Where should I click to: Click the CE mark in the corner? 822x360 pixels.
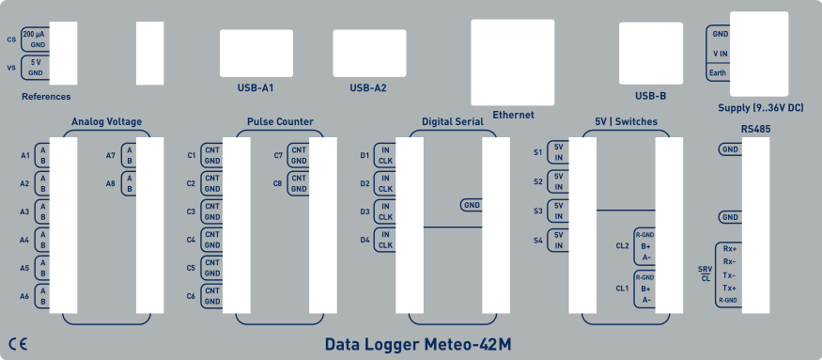pyautogui.click(x=18, y=343)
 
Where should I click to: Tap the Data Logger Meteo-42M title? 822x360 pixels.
pyautogui.click(x=418, y=344)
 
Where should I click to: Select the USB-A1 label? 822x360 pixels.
pyautogui.click(x=255, y=88)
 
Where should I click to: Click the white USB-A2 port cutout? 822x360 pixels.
pyautogui.click(x=369, y=53)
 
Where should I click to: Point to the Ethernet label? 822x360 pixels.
pyautogui.click(x=513, y=115)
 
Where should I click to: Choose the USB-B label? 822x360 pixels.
pyautogui.click(x=650, y=95)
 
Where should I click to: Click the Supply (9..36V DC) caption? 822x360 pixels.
pyautogui.click(x=760, y=108)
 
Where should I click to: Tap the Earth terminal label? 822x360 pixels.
pyautogui.click(x=718, y=72)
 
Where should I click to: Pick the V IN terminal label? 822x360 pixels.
pyautogui.click(x=721, y=54)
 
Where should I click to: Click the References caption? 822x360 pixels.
pyautogui.click(x=45, y=96)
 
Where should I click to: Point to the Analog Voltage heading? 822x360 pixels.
pyautogui.click(x=106, y=122)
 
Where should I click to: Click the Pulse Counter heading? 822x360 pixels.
pyautogui.click(x=280, y=122)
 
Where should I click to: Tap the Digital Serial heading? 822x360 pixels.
pyautogui.click(x=453, y=122)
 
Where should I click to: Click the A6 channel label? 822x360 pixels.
pyautogui.click(x=24, y=296)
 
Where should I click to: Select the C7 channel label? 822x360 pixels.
pyautogui.click(x=279, y=155)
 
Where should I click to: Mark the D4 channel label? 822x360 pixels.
pyautogui.click(x=365, y=240)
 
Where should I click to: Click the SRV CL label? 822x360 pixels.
pyautogui.click(x=706, y=274)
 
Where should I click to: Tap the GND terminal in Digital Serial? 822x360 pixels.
pyautogui.click(x=472, y=204)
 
